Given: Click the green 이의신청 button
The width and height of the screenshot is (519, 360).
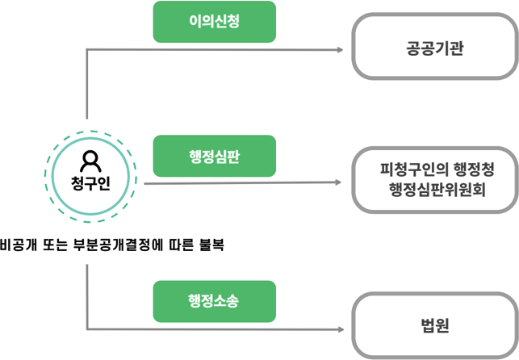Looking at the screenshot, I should click(x=214, y=22).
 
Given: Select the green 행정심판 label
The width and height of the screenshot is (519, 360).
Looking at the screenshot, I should click(x=214, y=156).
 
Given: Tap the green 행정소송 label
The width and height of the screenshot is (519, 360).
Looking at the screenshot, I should click(x=214, y=301).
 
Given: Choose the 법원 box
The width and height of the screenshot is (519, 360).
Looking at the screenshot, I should click(x=434, y=326).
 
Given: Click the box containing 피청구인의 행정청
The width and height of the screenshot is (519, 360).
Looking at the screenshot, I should click(x=434, y=179).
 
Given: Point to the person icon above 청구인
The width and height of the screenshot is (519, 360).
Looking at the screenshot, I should click(x=90, y=158).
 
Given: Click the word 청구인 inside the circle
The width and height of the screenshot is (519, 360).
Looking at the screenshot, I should click(x=90, y=178).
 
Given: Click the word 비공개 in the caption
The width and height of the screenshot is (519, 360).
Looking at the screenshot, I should click(x=22, y=245).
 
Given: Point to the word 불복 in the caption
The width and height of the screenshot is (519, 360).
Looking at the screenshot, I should click(x=210, y=245).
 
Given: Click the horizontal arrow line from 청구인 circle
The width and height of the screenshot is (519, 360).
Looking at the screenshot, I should click(x=242, y=182).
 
